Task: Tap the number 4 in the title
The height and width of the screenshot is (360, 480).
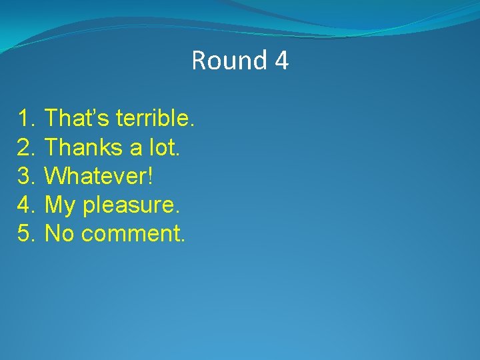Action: [x=281, y=61]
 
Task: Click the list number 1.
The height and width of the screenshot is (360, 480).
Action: [x=26, y=119]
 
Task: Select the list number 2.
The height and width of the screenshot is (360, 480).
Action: [x=26, y=147]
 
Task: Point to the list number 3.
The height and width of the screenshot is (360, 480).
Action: [x=26, y=177]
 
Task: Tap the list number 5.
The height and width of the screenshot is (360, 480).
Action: [x=26, y=234]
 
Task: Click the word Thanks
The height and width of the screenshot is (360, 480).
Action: [x=81, y=147]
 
